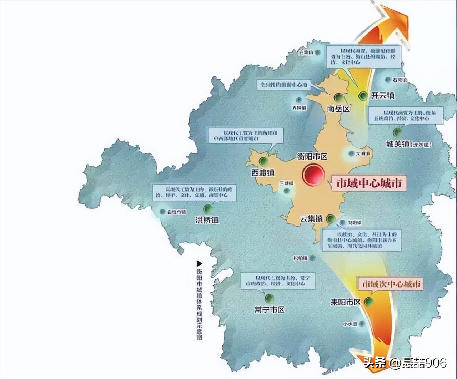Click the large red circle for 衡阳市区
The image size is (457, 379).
coord(313,175)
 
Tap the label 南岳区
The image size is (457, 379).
coord(338,109)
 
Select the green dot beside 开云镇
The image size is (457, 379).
coord(363,95)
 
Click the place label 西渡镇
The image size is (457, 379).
coord(262,172)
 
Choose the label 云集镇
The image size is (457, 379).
coord(311,219)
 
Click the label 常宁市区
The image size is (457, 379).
coord(270,309)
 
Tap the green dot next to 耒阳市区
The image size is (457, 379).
coord(368,302)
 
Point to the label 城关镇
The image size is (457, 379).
coord(397,144)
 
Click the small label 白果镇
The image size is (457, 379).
coord(306,52)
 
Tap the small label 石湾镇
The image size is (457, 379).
coord(400,80)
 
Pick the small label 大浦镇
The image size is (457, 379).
coord(362,154)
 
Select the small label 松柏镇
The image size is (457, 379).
coord(300,258)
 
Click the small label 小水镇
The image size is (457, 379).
coord(350,324)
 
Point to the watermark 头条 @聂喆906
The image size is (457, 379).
coord(405,363)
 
